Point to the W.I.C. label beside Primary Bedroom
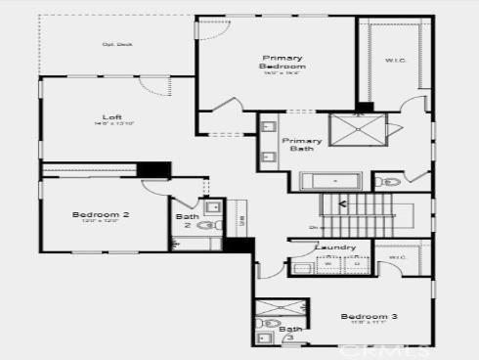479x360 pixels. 395,61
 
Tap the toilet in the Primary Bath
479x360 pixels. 390,181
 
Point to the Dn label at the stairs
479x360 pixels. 313,228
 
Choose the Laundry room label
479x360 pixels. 335,248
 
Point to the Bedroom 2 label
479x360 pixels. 100,215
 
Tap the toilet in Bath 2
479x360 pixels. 206,225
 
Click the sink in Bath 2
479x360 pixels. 212,207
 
